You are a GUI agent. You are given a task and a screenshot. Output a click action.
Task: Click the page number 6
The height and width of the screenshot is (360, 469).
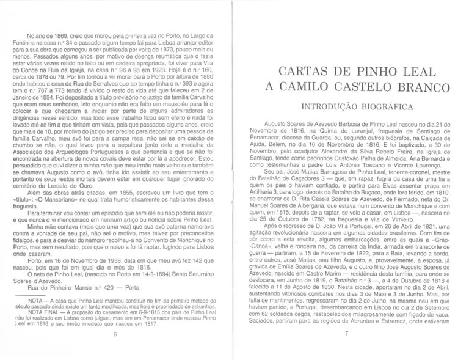[115, 334]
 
